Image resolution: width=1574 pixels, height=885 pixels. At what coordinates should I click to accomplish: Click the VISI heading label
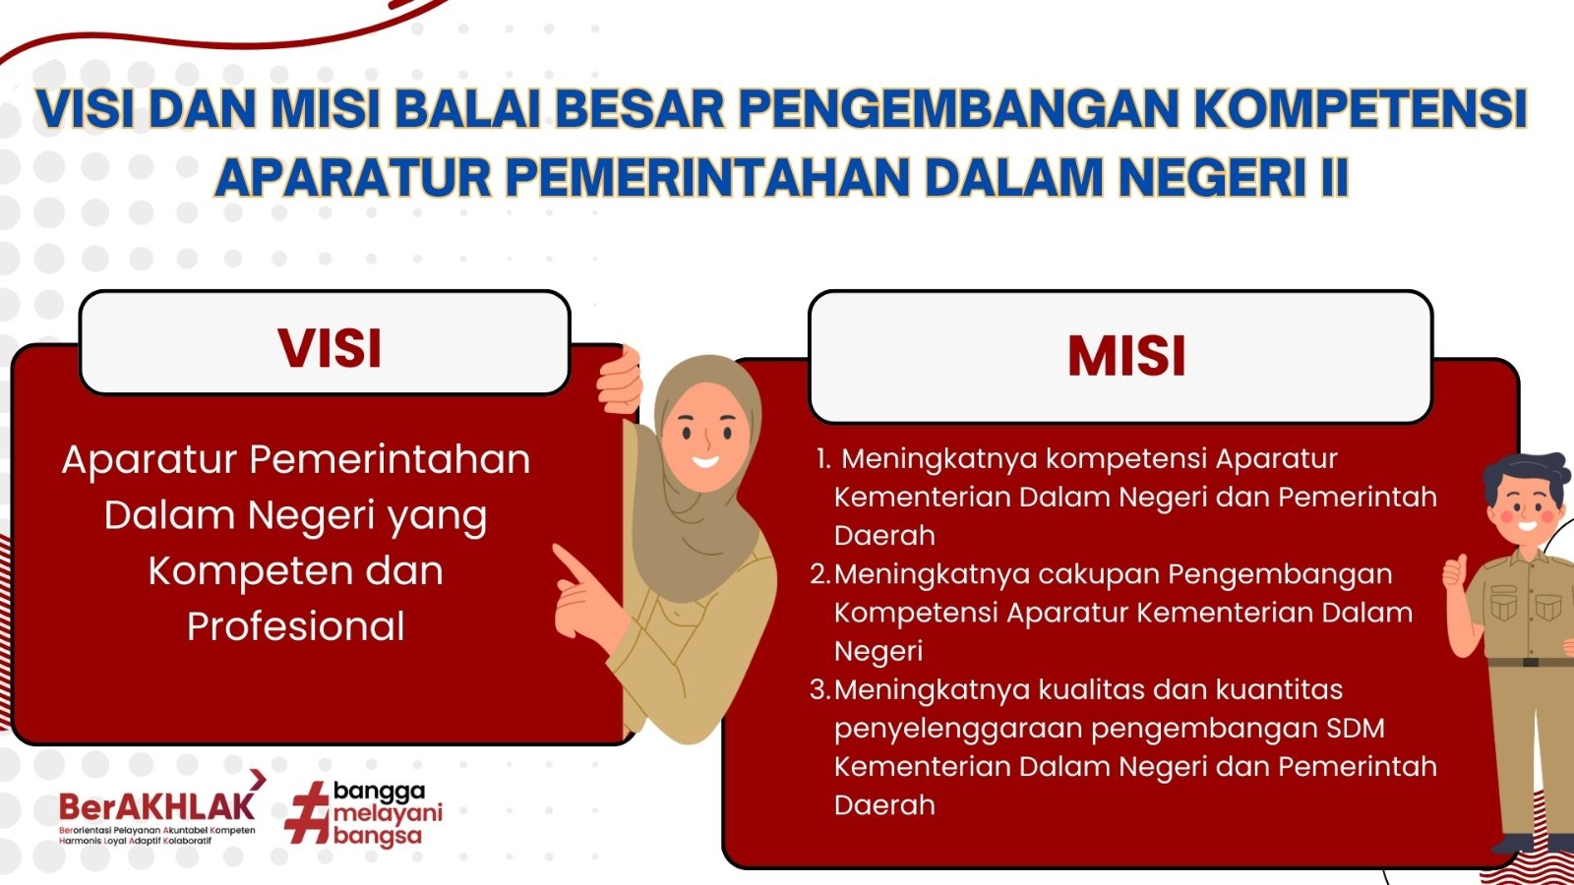pyautogui.click(x=329, y=348)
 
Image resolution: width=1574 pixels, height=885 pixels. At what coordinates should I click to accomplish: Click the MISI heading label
pyautogui.click(x=1126, y=356)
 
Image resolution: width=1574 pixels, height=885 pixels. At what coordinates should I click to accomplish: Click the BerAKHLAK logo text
pyautogui.click(x=156, y=805)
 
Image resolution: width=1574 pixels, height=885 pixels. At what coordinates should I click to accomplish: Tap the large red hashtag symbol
pyautogui.click(x=307, y=812)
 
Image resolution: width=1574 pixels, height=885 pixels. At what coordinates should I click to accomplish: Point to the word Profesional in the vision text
pyautogui.click(x=296, y=626)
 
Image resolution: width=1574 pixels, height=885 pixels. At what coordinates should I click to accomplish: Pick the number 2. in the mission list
pyautogui.click(x=820, y=574)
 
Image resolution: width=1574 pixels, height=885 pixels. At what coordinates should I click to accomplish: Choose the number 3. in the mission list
pyautogui.click(x=820, y=689)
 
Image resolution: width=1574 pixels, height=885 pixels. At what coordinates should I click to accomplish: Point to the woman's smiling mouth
pyautogui.click(x=705, y=461)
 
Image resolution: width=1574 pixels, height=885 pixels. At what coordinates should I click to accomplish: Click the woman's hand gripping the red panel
pyautogui.click(x=620, y=382)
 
